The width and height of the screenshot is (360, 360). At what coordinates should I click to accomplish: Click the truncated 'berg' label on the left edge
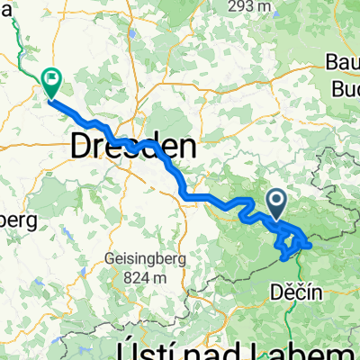(16, 219)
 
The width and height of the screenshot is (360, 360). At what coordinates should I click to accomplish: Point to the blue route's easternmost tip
(310, 243)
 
